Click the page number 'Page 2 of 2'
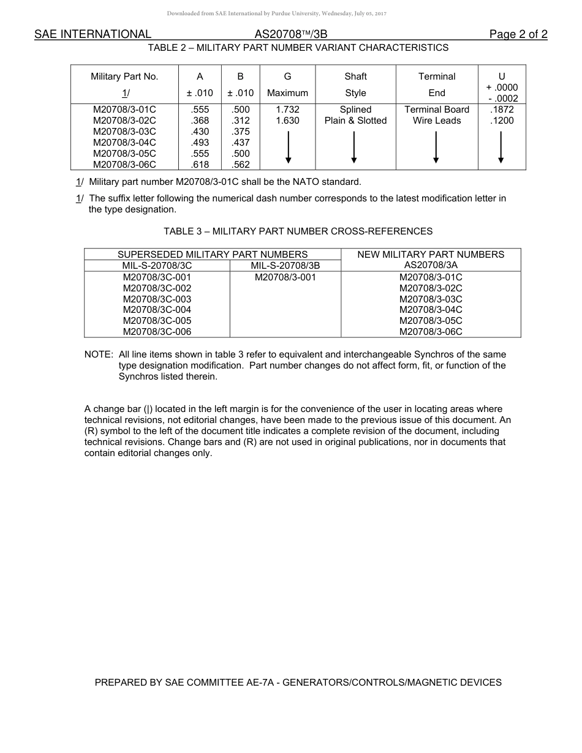[x=518, y=34]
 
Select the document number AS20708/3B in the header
[x=290, y=34]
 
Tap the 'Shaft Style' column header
[x=355, y=84]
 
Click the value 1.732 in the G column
[x=287, y=110]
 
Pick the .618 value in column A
[x=200, y=165]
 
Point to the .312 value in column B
[x=241, y=121]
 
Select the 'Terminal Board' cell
[x=437, y=110]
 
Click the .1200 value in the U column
[x=502, y=121]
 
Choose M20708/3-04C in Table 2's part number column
[x=124, y=143]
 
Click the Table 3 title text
[x=298, y=231]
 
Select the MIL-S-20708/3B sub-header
[x=285, y=266]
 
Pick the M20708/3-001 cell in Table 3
[x=285, y=277]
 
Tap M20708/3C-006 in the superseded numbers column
[x=157, y=332]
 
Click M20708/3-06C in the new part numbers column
[x=431, y=332]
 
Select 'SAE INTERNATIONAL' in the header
[x=93, y=34]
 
